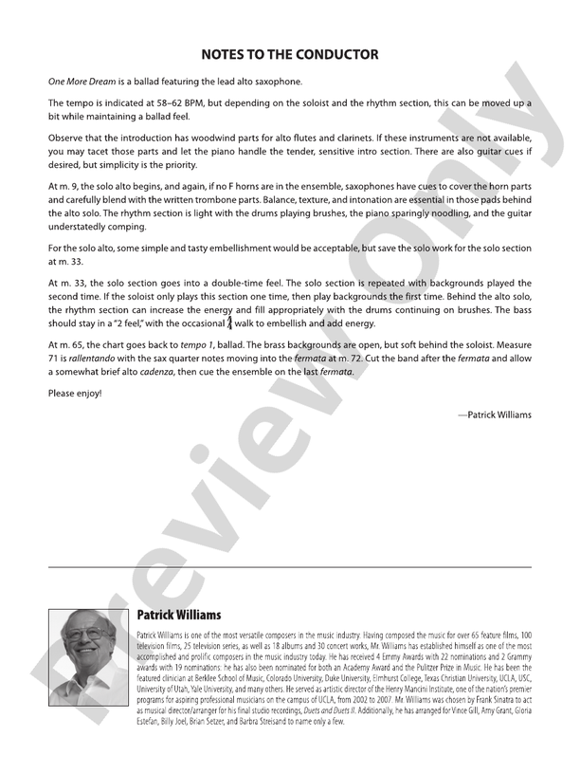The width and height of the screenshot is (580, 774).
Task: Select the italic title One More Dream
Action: click(82, 82)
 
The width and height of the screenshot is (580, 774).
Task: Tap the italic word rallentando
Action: click(92, 359)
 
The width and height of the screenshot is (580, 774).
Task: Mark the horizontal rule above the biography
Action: click(290, 566)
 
